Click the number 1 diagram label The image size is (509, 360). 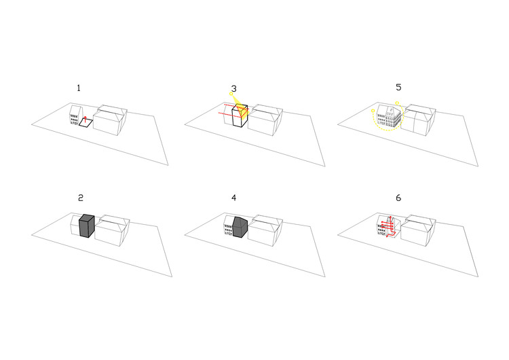tap(79, 88)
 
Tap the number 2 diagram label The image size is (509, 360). tap(81, 198)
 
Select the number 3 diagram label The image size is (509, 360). tap(233, 89)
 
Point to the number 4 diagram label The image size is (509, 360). tap(233, 198)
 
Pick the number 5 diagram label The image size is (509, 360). tap(398, 88)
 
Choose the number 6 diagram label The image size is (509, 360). tap(398, 198)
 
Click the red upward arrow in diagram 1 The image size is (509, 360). tap(86, 120)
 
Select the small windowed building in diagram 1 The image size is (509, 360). tap(75, 115)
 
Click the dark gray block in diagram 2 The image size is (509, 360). tap(87, 226)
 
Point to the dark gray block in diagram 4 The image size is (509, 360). tap(240, 227)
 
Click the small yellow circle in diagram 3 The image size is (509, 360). tap(231, 94)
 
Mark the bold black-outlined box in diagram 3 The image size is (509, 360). tap(240, 116)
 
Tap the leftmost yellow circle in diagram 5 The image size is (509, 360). tap(373, 111)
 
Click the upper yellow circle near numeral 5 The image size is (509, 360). tap(397, 103)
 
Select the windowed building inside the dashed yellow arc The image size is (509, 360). tap(388, 116)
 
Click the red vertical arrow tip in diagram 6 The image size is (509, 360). tap(390, 217)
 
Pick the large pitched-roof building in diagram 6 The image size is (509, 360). tap(418, 230)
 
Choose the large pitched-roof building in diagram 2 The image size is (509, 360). tap(112, 230)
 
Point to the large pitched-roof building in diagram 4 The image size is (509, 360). tap(265, 230)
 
